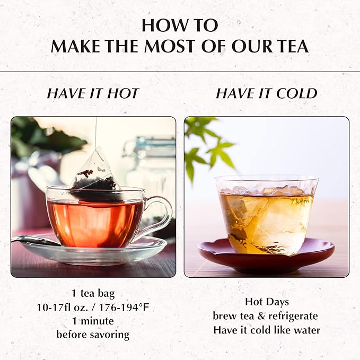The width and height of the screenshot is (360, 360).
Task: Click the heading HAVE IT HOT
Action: [x=93, y=94]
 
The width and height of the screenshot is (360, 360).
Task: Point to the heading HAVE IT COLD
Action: [x=266, y=94]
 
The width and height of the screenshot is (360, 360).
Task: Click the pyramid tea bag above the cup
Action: [x=96, y=171]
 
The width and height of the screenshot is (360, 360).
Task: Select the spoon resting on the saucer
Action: [x=35, y=241]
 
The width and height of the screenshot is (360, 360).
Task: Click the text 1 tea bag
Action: [x=93, y=293]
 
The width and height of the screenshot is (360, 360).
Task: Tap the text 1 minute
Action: [x=93, y=321]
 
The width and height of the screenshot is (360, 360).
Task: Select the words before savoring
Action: [x=93, y=335]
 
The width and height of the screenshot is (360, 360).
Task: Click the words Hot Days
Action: [x=266, y=302]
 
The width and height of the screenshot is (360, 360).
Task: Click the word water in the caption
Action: [x=306, y=330]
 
